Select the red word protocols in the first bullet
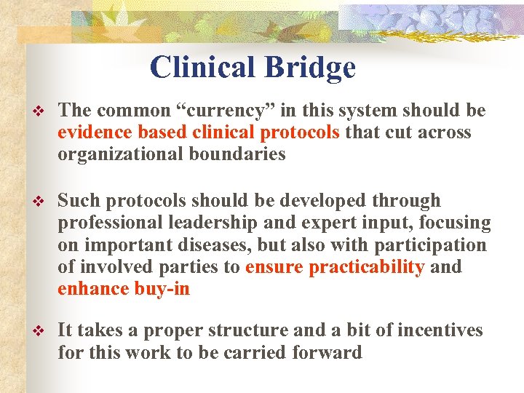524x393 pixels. pos(300,132)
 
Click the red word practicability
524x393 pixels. pos(367,267)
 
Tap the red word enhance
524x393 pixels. pos(93,289)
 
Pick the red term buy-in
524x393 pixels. pos(162,289)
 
